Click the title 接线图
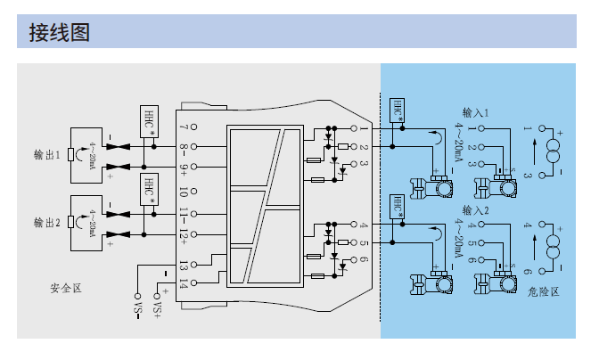point(60,33)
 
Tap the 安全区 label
point(66,288)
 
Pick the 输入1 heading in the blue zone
point(477,113)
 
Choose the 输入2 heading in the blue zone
point(477,210)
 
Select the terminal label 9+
point(183,168)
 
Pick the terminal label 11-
point(183,214)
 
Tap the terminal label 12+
point(183,235)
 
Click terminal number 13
point(183,265)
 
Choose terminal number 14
point(183,284)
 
